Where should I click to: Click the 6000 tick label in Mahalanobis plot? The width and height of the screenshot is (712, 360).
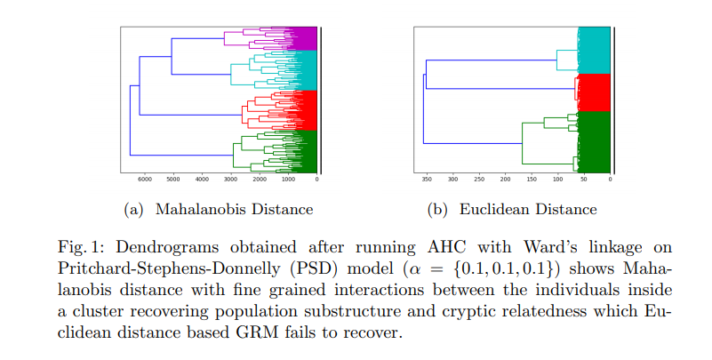tap(144, 180)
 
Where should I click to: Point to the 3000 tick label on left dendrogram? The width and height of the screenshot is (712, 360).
tap(230, 180)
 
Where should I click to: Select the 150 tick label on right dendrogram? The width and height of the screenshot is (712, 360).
tap(532, 180)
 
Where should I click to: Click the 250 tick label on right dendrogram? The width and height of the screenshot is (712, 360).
tap(479, 180)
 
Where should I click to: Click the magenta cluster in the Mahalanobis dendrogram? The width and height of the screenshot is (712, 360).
tap(304, 38)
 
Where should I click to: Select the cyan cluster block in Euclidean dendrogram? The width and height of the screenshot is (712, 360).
tap(594, 51)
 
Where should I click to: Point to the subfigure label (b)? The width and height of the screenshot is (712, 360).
tap(437, 210)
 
